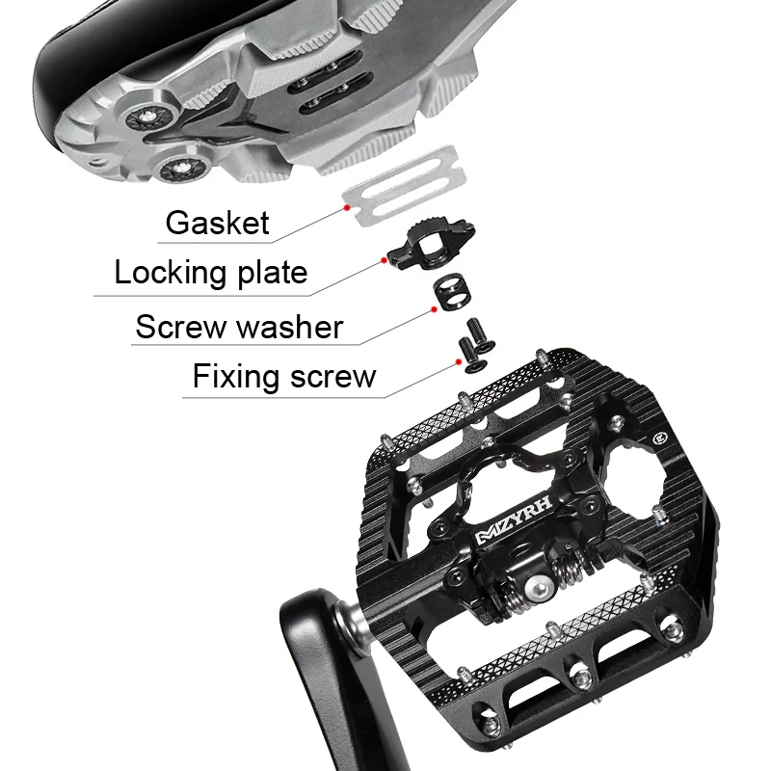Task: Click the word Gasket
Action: click(217, 223)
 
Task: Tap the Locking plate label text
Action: click(210, 273)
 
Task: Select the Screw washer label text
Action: click(238, 327)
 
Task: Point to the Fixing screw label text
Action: click(283, 375)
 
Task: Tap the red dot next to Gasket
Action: click(344, 205)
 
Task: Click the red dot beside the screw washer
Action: click(434, 309)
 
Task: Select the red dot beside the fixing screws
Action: click(459, 359)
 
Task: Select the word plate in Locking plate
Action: click(272, 273)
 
